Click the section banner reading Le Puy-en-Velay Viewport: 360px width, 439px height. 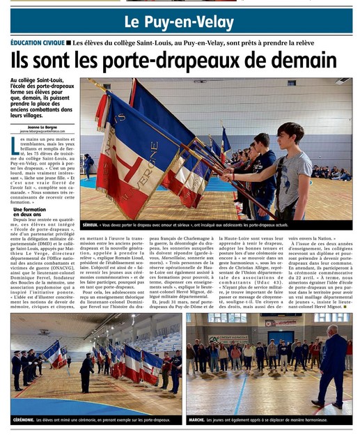pyautogui.click(x=180, y=20)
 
